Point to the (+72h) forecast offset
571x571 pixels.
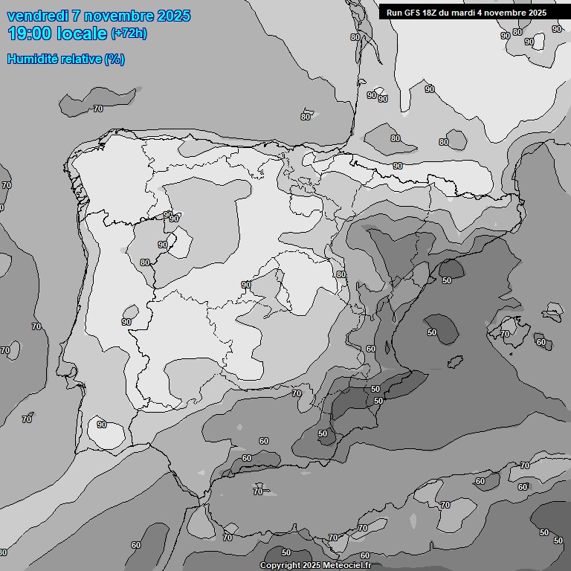coord(128,33)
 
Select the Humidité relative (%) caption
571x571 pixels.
coord(65,59)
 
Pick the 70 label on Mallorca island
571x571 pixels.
coord(506,334)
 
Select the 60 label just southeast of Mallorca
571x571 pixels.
coord(541,343)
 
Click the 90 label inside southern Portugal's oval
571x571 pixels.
coord(101,425)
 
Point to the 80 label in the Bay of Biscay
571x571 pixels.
coord(306,117)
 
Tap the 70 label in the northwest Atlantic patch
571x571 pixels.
coord(98,109)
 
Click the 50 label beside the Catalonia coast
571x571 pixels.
coord(447,280)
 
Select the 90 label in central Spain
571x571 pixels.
coord(245,285)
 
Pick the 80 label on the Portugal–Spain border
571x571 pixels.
coord(145,262)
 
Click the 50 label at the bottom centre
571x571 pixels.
coord(286,552)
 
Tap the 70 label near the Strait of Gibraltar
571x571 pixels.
coord(228,538)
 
